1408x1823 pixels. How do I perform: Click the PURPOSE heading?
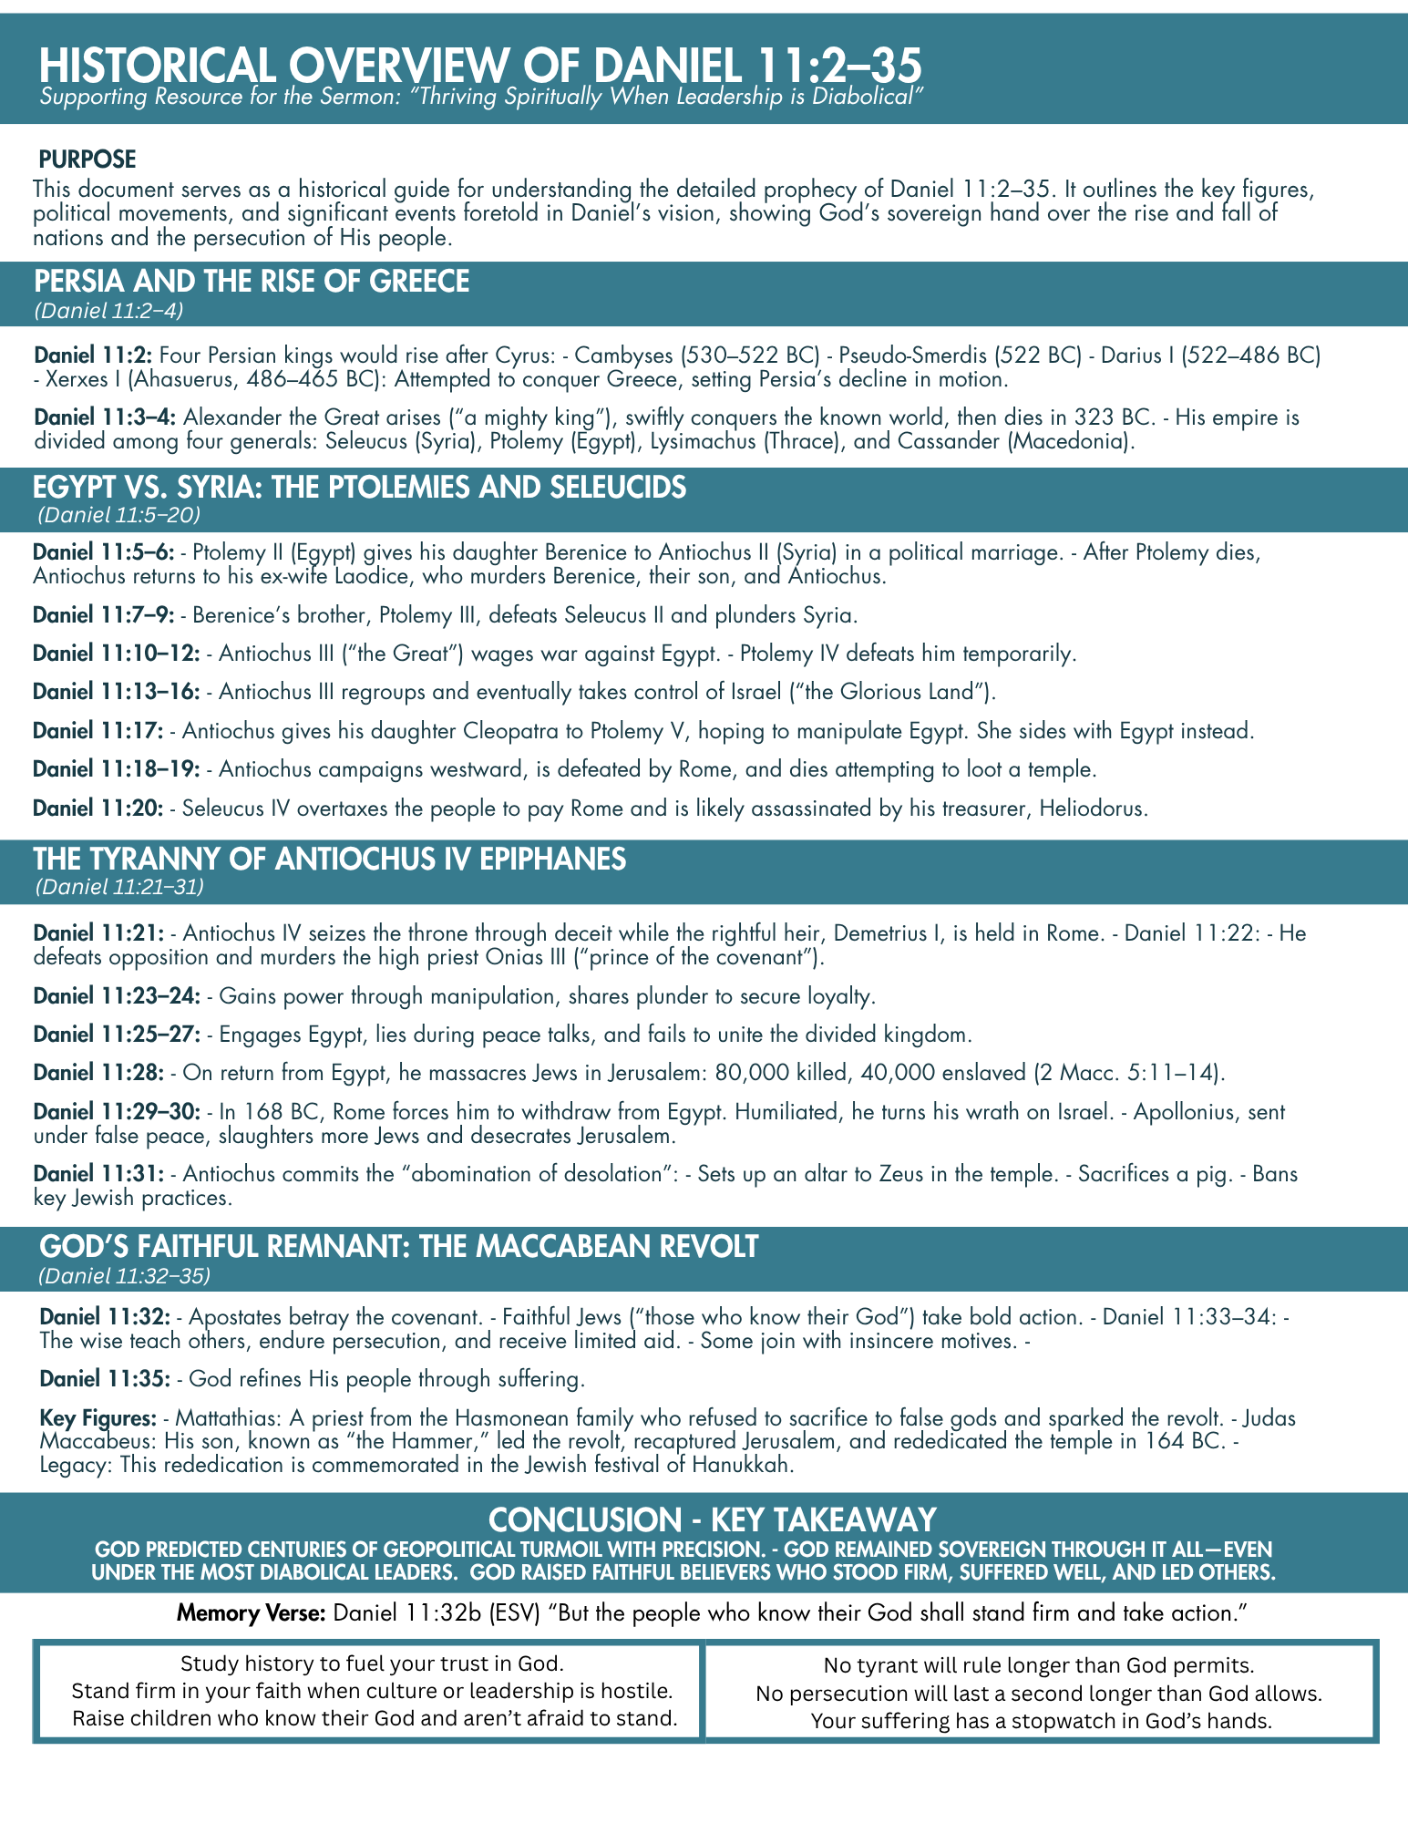coord(87,160)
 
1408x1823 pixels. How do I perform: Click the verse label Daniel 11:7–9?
coord(104,615)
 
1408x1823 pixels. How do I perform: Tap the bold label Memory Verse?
coord(251,1612)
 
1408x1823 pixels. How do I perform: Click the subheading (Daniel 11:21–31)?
coord(118,886)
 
